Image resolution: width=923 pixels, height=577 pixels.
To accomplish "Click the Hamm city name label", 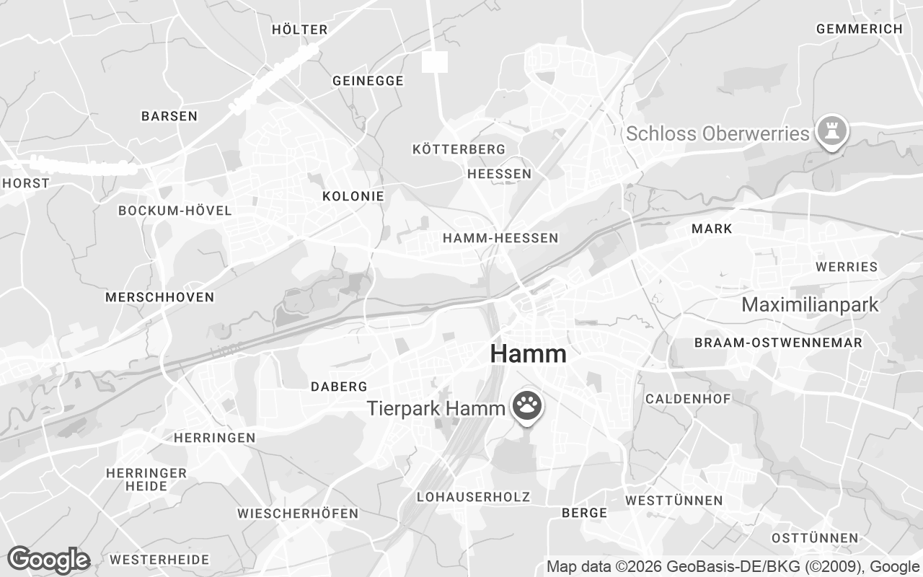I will pyautogui.click(x=528, y=354).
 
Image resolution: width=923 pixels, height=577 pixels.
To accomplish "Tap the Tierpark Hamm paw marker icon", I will pyautogui.click(x=528, y=407).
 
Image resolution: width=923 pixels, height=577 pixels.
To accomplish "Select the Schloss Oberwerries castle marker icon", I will pyautogui.click(x=832, y=132).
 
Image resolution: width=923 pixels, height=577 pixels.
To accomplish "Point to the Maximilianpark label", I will pyautogui.click(x=810, y=304).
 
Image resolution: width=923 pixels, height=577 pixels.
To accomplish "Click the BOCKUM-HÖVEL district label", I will pyautogui.click(x=175, y=211).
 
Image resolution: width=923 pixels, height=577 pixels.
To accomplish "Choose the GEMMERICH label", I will pyautogui.click(x=859, y=29).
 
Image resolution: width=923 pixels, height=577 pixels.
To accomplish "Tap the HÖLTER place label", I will pyautogui.click(x=300, y=30).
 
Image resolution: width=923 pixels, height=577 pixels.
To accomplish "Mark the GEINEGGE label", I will pyautogui.click(x=368, y=81).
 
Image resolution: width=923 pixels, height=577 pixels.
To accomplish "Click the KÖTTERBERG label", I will pyautogui.click(x=459, y=149).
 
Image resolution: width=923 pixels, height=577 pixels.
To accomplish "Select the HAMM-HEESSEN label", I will pyautogui.click(x=500, y=237).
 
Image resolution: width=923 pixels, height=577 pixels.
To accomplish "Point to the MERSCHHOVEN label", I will pyautogui.click(x=159, y=297).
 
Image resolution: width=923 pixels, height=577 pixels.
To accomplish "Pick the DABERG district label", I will pyautogui.click(x=339, y=387).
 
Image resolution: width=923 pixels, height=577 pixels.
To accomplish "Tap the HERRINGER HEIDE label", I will pyautogui.click(x=146, y=480).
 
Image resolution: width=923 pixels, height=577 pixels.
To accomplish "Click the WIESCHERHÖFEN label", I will pyautogui.click(x=298, y=514).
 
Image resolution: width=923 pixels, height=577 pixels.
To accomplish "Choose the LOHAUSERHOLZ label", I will pyautogui.click(x=473, y=497).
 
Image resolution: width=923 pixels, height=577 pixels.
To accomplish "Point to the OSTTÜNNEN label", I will pyautogui.click(x=815, y=538).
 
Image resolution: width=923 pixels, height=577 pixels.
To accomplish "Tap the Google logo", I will pyautogui.click(x=48, y=560).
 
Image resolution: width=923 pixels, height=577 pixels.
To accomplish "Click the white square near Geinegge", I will pyautogui.click(x=435, y=62).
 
